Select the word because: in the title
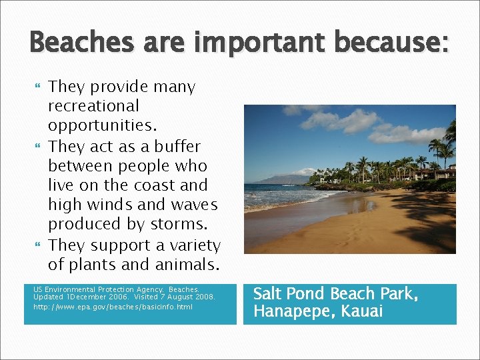[394, 43]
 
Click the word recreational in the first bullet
[93, 106]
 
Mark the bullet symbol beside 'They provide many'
[37, 87]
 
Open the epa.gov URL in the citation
[113, 307]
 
